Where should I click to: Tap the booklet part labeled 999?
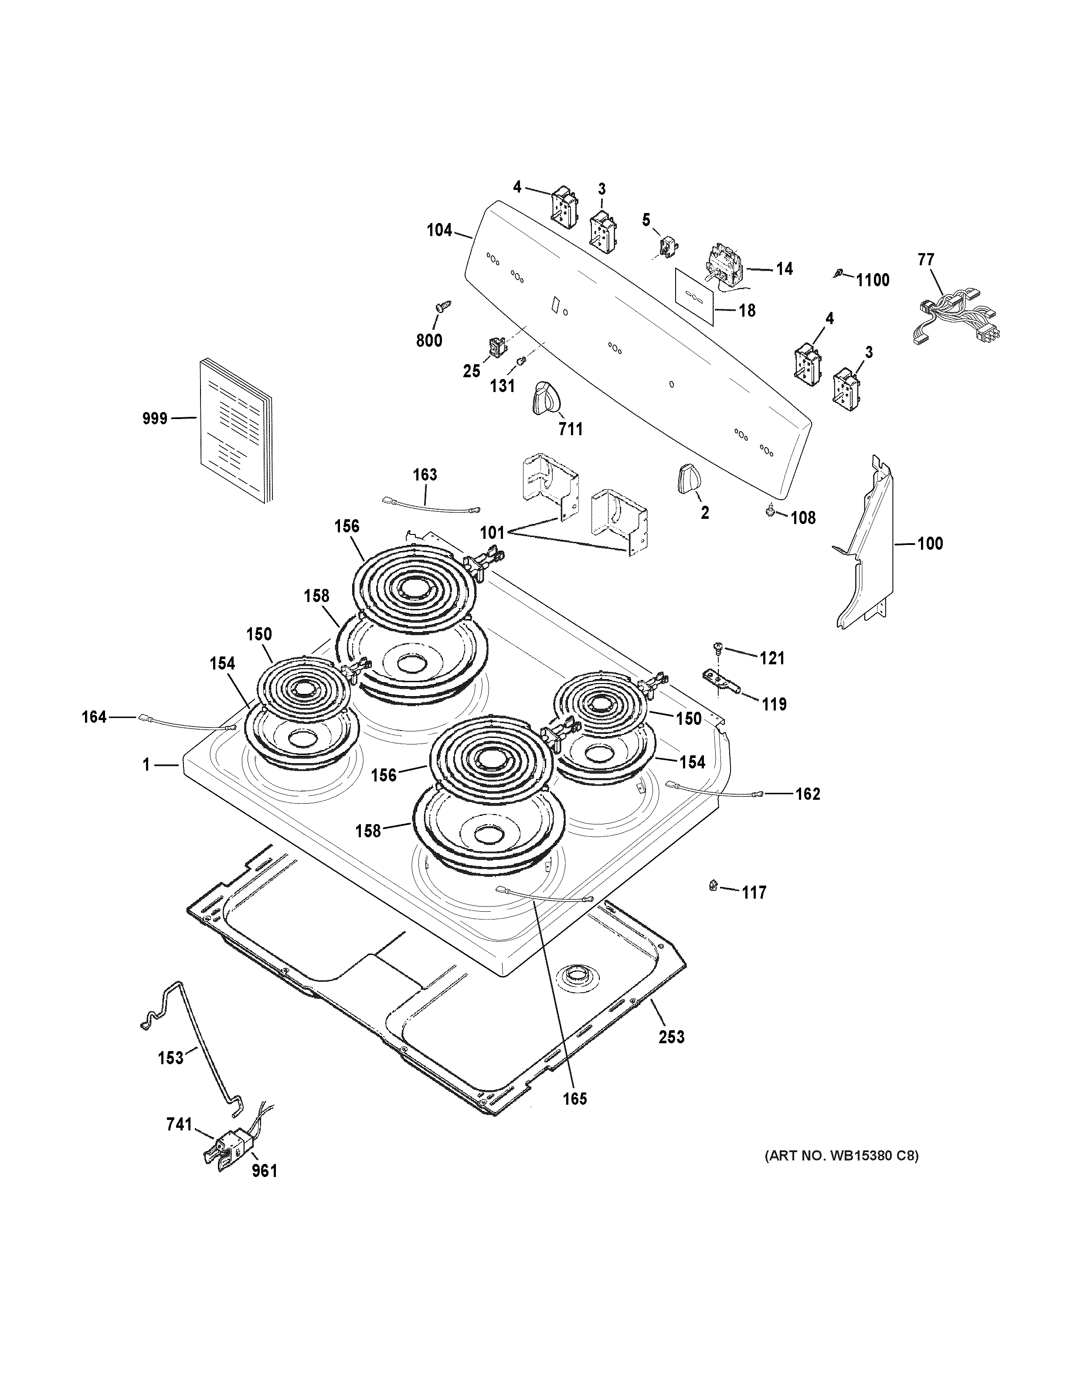coord(234,431)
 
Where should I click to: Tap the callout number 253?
coord(671,1037)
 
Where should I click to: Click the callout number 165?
coord(574,1099)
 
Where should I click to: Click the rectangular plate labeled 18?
coord(694,295)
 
